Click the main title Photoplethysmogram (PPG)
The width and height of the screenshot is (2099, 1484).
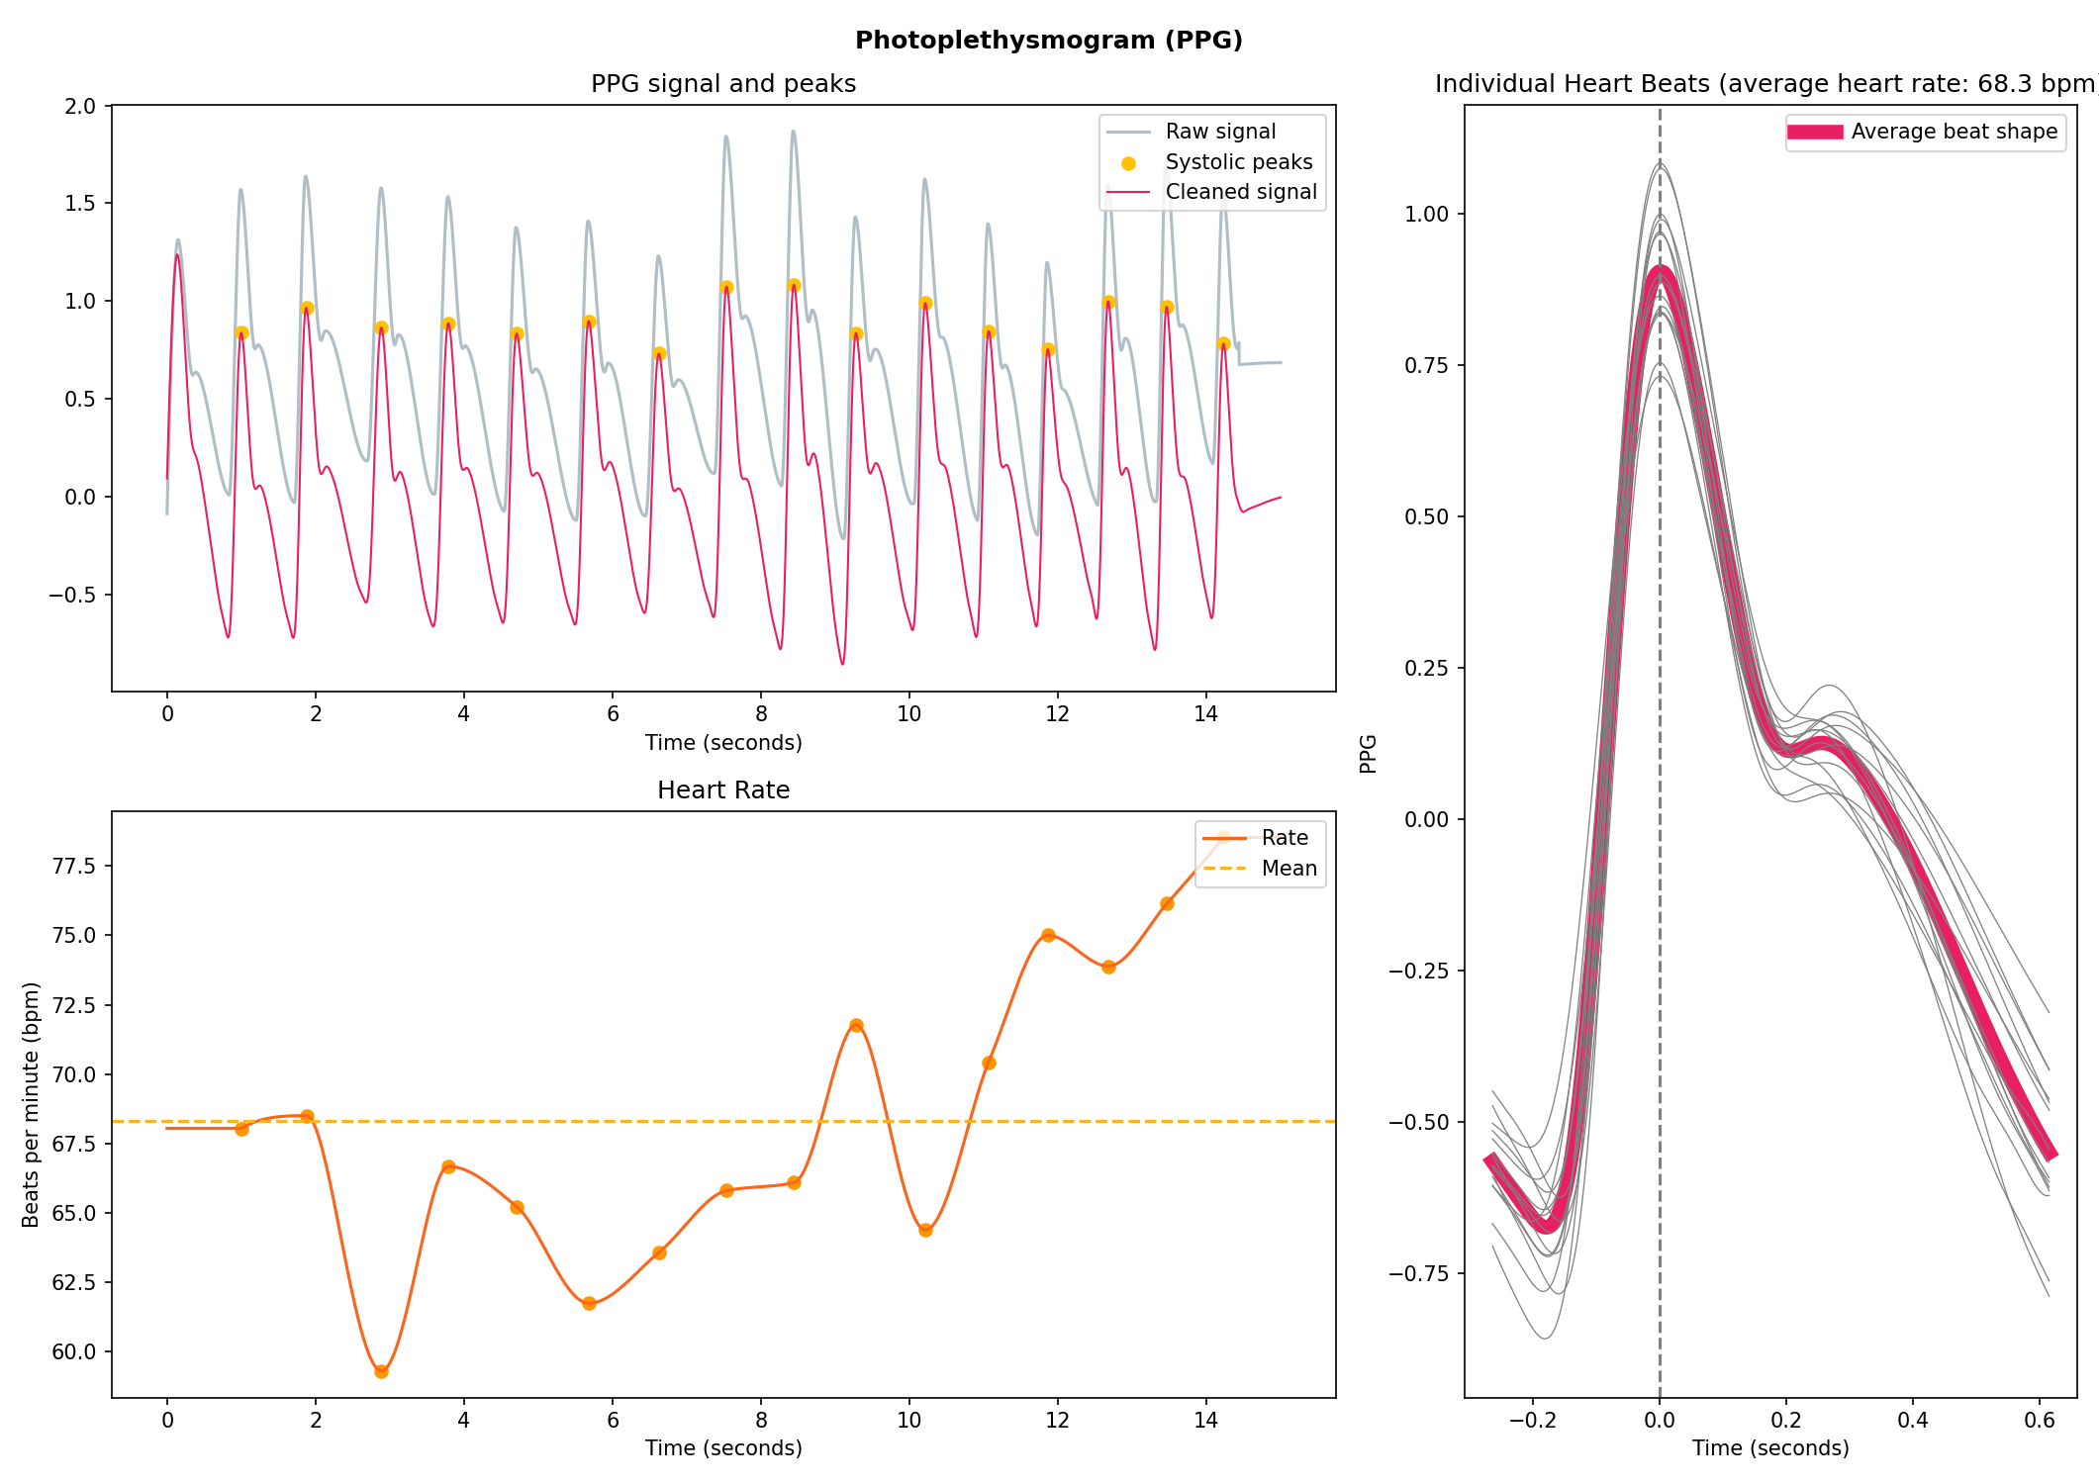click(1048, 40)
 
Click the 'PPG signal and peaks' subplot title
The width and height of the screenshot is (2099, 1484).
click(722, 84)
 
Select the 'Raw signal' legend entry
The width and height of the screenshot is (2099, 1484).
click(1219, 132)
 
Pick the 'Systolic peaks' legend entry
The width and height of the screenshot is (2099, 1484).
click(1238, 162)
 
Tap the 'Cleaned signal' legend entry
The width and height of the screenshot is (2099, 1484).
click(1240, 192)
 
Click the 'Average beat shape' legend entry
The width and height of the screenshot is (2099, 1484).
click(1954, 132)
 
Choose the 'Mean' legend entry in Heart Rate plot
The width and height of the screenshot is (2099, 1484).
click(1288, 869)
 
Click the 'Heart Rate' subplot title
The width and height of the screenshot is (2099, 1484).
click(722, 790)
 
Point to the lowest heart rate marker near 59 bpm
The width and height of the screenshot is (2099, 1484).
click(381, 1371)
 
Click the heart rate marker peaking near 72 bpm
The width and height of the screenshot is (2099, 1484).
click(856, 1025)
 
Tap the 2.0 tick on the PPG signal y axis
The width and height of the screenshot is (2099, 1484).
click(80, 106)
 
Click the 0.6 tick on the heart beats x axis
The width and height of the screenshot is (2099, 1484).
click(2039, 1421)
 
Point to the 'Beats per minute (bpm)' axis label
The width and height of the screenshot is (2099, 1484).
click(31, 1104)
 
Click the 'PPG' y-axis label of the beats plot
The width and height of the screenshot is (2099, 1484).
click(1368, 753)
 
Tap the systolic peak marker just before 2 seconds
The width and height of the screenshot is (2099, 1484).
click(307, 309)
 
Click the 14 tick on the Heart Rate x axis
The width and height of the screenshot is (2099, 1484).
click(1205, 1421)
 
